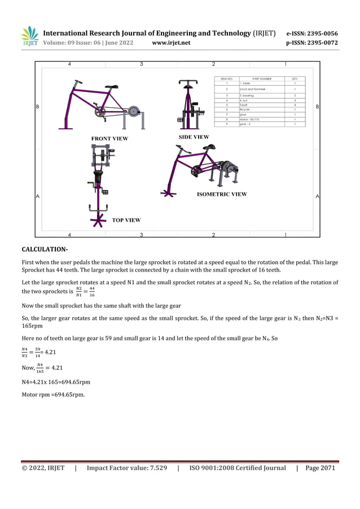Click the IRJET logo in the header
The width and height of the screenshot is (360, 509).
click(30, 36)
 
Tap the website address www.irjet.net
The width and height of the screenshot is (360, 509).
click(171, 43)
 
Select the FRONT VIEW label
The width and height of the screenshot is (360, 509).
click(109, 138)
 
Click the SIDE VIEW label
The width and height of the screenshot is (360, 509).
click(194, 137)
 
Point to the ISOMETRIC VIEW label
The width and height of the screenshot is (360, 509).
click(222, 194)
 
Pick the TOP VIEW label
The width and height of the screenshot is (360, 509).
click(126, 220)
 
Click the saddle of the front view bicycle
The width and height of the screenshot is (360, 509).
click(113, 87)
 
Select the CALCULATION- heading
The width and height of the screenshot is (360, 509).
click(45, 249)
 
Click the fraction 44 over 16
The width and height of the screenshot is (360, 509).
click(92, 292)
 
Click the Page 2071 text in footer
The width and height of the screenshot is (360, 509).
click(320, 468)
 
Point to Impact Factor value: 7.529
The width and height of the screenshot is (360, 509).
click(126, 468)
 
